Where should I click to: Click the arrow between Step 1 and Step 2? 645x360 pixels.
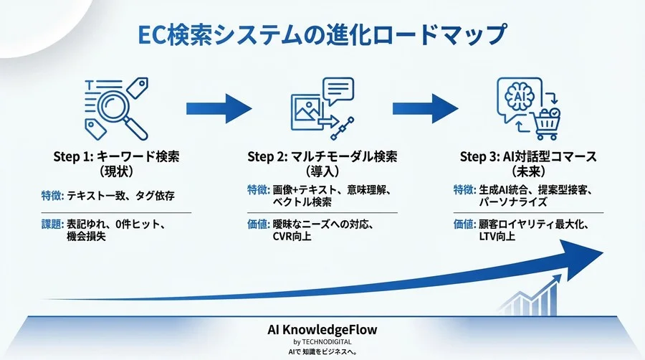(x=219, y=108)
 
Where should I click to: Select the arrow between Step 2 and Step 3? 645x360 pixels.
(x=425, y=108)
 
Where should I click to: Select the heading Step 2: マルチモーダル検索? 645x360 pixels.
(x=322, y=157)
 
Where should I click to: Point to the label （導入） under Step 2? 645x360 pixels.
(x=322, y=172)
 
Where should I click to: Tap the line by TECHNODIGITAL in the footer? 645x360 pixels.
(x=322, y=342)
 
